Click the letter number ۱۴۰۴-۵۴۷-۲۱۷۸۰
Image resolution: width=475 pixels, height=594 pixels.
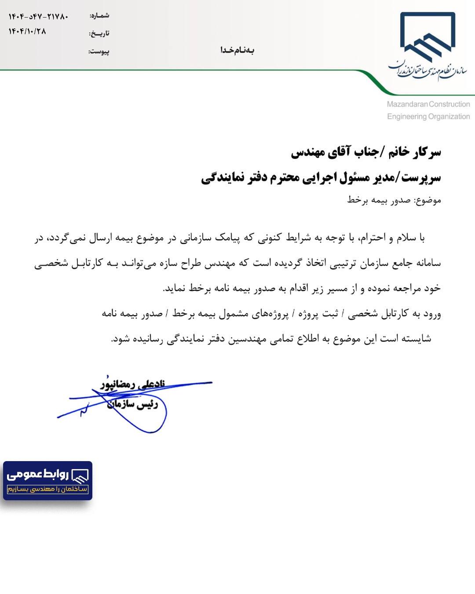[x=38, y=17]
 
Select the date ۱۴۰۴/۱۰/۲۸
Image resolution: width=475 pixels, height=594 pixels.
[x=27, y=31]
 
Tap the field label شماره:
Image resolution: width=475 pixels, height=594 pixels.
[x=99, y=16]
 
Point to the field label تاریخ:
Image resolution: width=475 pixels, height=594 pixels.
[x=99, y=33]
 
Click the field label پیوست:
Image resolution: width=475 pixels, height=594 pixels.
[x=99, y=51]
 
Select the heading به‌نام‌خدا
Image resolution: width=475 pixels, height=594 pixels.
[x=237, y=50]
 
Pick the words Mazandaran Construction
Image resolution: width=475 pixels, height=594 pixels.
[x=428, y=104]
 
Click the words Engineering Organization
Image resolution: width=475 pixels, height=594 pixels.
[x=428, y=117]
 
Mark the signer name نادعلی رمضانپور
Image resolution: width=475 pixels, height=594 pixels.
[x=133, y=385]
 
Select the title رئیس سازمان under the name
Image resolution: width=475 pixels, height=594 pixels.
[x=132, y=404]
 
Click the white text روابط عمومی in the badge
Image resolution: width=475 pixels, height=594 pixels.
[x=38, y=474]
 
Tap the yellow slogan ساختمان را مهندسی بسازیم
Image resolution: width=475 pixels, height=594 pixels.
[x=47, y=489]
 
